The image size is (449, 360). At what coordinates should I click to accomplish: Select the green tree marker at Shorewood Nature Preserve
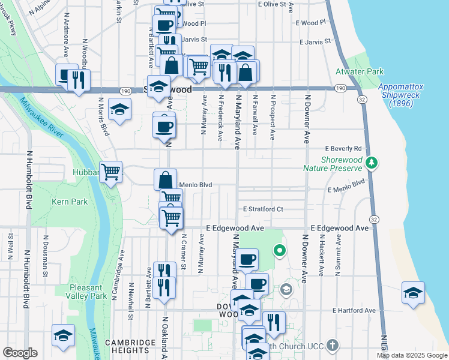pos(372,163)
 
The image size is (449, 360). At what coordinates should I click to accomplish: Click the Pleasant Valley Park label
pos(87,292)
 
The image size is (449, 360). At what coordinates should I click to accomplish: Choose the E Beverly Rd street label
pos(343,148)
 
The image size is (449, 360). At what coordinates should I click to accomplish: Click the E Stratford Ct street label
pos(263,209)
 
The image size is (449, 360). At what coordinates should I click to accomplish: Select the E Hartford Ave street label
pos(354,311)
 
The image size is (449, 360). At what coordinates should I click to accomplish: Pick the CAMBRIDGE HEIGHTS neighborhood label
pos(127,346)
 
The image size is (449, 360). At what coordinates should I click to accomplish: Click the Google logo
pos(20,353)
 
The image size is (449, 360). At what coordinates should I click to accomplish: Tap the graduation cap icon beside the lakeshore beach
pos(413,293)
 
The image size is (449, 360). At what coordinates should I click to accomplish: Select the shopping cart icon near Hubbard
pos(111,172)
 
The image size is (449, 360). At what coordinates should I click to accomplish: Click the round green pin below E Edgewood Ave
pos(279,250)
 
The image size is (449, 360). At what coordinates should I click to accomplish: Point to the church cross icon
pos(331,346)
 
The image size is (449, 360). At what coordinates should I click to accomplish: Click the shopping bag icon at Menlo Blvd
pos(165,180)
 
